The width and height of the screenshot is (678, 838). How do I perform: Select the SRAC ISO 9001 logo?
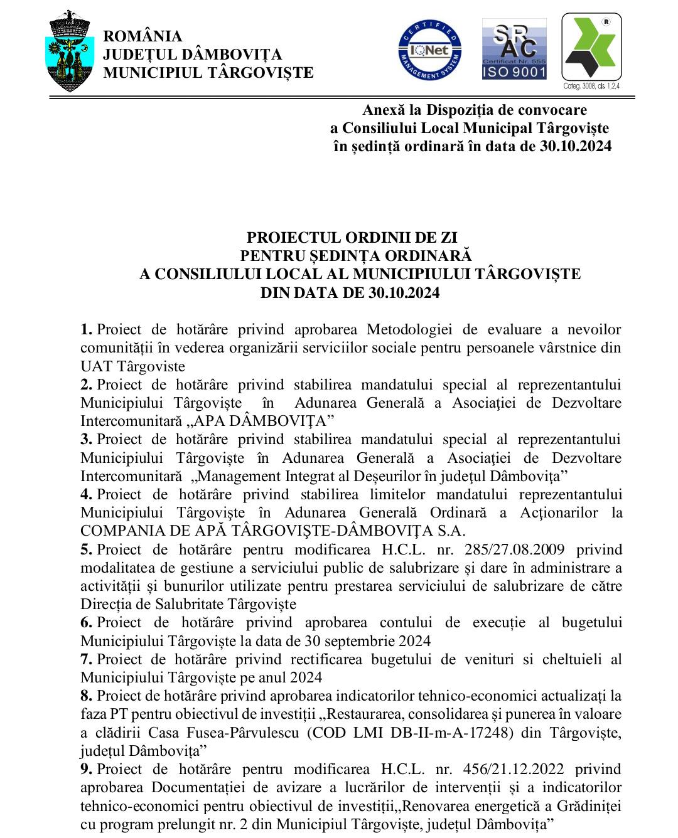[x=514, y=49]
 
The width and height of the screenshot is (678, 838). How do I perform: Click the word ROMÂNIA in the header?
[x=143, y=37]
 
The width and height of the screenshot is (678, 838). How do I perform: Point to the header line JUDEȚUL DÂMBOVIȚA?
[x=192, y=55]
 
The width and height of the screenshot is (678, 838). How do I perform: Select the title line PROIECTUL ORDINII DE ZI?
[x=352, y=238]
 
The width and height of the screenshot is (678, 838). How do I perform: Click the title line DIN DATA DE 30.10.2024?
[x=350, y=293]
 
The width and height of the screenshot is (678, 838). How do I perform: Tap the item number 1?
[x=87, y=330]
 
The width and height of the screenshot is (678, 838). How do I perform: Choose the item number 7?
[x=87, y=659]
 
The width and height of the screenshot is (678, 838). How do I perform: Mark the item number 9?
[x=87, y=769]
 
